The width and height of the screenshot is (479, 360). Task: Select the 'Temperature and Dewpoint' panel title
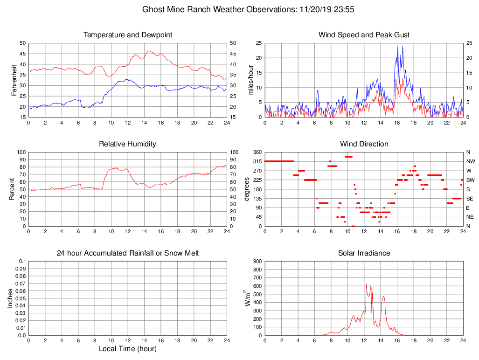coord(128,35)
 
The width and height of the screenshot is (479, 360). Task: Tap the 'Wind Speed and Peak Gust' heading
coord(364,35)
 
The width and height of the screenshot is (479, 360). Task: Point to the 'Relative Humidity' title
coord(128,144)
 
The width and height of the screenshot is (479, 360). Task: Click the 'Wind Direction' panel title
coord(364,144)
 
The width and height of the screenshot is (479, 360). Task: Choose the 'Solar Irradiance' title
coord(364,253)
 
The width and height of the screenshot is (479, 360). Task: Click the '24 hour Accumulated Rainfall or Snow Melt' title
coord(128,253)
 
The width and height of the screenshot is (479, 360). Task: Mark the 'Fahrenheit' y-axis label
coord(14,80)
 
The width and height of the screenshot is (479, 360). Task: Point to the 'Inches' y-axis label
coord(10,298)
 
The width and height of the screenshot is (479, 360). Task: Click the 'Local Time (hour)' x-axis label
coord(128,349)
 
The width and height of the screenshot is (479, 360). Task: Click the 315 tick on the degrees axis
coord(257,161)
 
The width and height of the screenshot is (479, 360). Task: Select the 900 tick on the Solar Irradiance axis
coord(257,262)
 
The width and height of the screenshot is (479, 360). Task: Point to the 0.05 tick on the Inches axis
coord(21,298)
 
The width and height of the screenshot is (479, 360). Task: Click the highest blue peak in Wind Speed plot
coord(403,46)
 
